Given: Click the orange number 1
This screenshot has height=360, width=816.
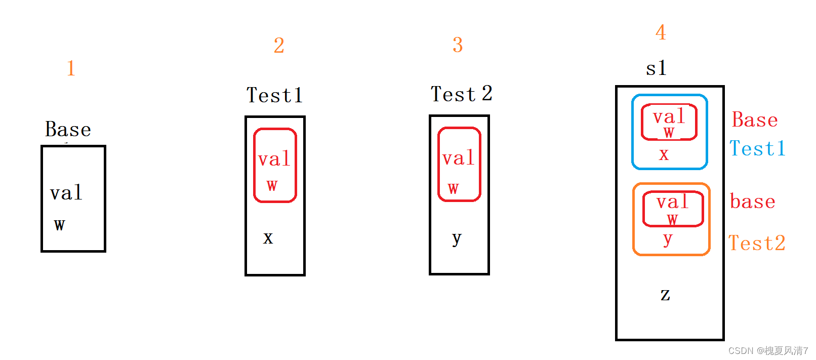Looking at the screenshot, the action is [x=71, y=68].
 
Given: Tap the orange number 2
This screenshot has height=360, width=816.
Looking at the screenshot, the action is [x=279, y=46].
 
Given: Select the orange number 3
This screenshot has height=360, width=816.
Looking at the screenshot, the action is [x=458, y=45].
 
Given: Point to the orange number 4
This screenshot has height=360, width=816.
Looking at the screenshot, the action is [x=661, y=32].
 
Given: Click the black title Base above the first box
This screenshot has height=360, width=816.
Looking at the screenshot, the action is [x=68, y=130].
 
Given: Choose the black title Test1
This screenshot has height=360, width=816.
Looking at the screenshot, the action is [x=274, y=95].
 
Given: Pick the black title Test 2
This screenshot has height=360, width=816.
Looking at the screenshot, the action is [x=461, y=94].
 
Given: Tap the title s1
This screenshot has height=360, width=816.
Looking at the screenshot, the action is [x=656, y=68].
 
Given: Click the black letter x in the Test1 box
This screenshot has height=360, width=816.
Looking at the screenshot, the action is [x=268, y=237].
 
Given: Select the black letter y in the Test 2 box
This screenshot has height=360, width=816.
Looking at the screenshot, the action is [x=457, y=238].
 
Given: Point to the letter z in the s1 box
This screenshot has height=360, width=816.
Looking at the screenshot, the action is [x=665, y=294].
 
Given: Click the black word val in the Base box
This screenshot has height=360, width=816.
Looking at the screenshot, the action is [x=66, y=193].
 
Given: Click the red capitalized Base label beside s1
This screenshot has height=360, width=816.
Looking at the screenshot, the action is [x=755, y=120].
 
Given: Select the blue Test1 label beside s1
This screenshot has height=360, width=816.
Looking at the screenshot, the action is [x=757, y=149].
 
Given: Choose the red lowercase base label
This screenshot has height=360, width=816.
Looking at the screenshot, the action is [x=753, y=202].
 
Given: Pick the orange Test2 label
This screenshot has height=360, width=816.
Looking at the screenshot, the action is [x=757, y=244].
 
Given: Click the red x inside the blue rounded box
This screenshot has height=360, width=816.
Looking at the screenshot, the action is [x=664, y=154].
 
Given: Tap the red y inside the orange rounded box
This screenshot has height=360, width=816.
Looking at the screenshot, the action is [x=668, y=239].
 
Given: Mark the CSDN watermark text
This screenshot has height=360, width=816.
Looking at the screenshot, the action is [x=768, y=350].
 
